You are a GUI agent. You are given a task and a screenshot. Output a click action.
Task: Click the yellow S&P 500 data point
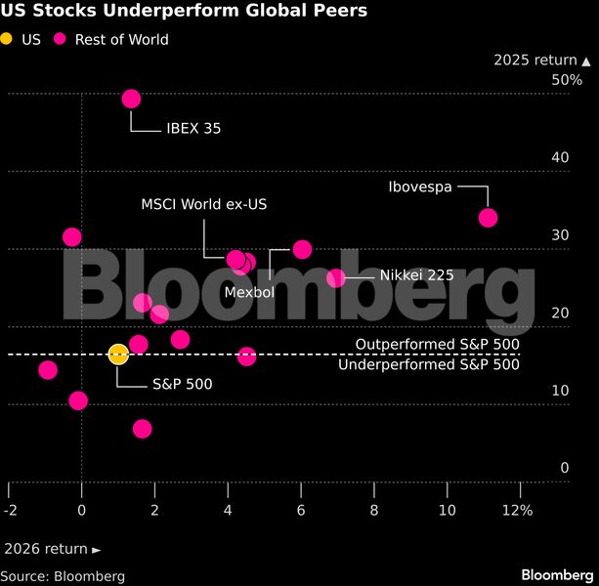[x=117, y=354]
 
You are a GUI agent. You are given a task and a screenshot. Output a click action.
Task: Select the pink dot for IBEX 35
[x=131, y=99]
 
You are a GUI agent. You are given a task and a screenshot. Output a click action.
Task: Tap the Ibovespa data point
[x=488, y=218]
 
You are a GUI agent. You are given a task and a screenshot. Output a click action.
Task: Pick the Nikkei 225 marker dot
[x=336, y=278]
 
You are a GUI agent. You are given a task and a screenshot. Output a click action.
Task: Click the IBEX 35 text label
[x=193, y=128]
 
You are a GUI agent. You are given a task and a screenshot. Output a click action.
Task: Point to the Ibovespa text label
[x=420, y=187]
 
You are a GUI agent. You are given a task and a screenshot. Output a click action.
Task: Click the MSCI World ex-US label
[x=203, y=204]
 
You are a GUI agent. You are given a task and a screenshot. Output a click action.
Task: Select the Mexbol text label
[x=249, y=292]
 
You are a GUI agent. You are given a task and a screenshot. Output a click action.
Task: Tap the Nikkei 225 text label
[x=416, y=275]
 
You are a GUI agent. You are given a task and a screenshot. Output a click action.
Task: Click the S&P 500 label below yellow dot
[x=182, y=384]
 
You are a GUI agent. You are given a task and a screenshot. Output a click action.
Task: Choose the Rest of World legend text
[x=121, y=39]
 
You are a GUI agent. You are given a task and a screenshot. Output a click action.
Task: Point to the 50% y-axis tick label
[x=567, y=79]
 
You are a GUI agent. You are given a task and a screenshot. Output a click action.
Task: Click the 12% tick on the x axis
[x=517, y=510]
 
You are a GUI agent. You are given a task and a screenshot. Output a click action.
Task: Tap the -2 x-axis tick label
[x=10, y=510]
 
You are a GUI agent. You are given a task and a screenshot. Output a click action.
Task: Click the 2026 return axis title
[x=51, y=549]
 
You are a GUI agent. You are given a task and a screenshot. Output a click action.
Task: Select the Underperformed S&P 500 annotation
[x=428, y=364]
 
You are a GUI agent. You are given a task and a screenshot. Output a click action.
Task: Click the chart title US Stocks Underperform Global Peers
[x=184, y=12]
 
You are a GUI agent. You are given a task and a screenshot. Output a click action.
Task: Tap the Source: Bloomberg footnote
[x=55, y=576]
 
